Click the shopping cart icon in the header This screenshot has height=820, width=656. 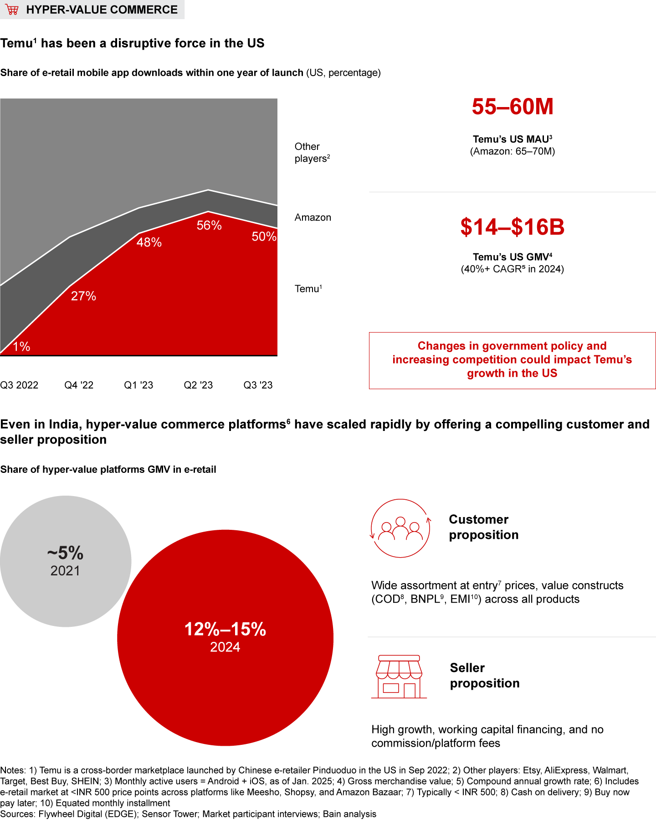[12, 10]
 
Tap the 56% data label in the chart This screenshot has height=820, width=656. [209, 225]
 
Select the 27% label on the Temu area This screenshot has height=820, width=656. [83, 296]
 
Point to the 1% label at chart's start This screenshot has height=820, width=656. [21, 347]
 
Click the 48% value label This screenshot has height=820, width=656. [149, 242]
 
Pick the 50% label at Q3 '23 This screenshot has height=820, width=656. [264, 236]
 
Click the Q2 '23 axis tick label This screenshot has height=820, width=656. [198, 385]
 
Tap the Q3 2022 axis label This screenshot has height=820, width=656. [19, 385]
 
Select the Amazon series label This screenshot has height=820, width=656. [313, 217]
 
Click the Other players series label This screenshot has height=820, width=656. [312, 152]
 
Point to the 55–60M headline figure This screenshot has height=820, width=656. [512, 107]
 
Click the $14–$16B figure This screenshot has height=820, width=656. [512, 227]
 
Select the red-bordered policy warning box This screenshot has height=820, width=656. [512, 360]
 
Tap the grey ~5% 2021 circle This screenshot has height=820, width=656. [66, 561]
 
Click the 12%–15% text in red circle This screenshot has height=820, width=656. [225, 630]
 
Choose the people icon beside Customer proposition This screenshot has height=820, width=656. [400, 528]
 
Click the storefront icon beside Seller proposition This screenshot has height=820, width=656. [399, 677]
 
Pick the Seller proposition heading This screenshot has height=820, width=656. [484, 676]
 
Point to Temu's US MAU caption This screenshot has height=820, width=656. [512, 139]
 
